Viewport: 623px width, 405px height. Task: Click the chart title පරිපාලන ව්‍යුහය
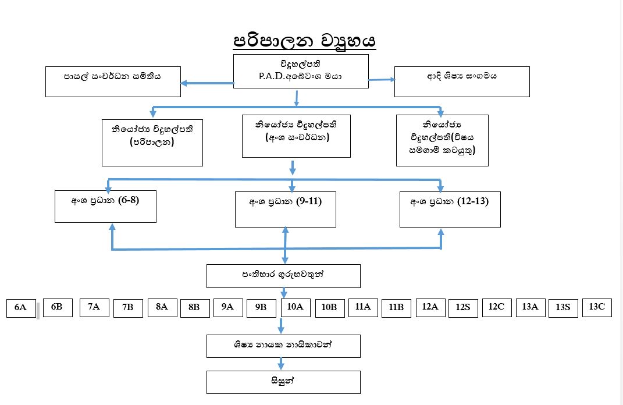[305, 42]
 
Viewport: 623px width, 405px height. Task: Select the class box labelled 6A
[21, 308]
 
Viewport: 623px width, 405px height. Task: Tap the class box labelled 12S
[463, 308]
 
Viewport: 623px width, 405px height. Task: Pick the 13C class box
[597, 307]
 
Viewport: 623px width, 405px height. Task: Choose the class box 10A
[296, 307]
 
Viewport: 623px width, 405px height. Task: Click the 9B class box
[261, 308]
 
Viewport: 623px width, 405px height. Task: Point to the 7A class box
[94, 307]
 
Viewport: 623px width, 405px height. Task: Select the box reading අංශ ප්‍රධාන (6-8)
[105, 206]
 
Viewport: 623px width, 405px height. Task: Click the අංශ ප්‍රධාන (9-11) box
[285, 209]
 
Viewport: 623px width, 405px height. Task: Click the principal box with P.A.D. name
[301, 71]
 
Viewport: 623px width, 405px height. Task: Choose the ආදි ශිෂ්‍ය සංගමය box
[462, 81]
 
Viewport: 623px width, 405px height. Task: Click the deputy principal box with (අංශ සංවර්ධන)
[296, 136]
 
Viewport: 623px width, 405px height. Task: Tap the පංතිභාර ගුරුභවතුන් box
[283, 276]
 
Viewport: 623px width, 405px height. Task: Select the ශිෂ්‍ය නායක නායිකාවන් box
[283, 346]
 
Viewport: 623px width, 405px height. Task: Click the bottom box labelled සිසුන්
[283, 382]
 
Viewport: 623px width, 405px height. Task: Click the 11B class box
[397, 308]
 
